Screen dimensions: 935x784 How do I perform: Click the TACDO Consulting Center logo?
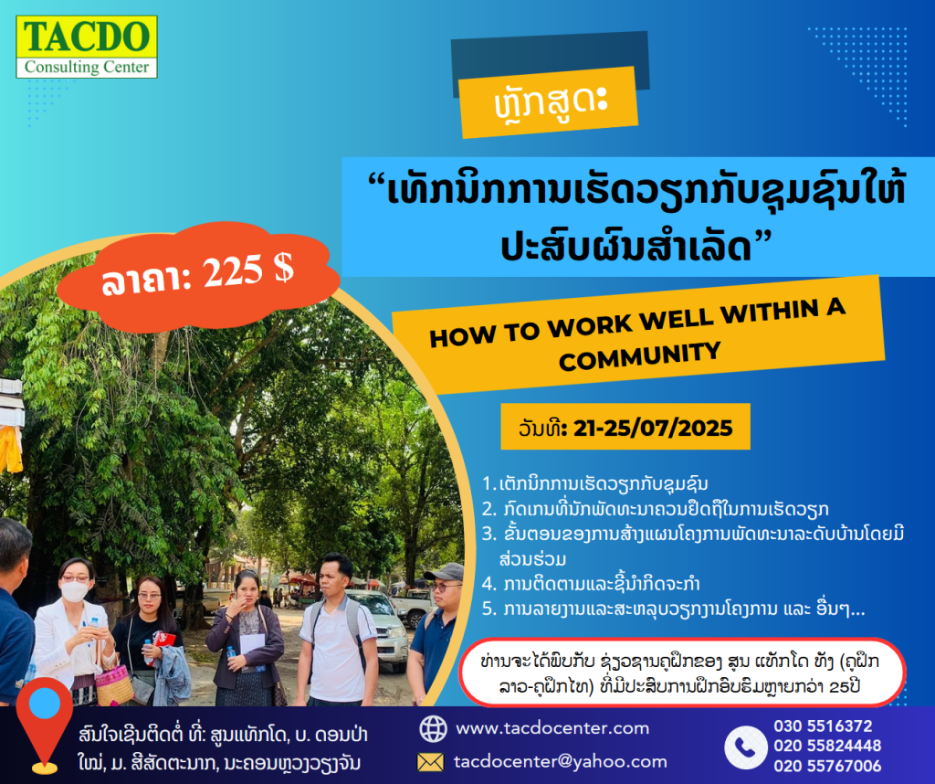(87, 47)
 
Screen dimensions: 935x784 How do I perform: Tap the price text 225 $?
(248, 270)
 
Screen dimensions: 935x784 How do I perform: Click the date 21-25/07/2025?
(653, 428)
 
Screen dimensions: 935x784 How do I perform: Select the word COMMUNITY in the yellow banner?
(640, 356)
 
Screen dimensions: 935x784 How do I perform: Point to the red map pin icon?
(44, 724)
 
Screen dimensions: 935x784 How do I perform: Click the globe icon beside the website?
(433, 728)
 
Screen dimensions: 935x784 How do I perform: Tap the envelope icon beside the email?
(431, 762)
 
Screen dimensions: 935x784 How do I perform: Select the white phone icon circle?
(745, 747)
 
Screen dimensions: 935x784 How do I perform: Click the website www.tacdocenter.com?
(552, 728)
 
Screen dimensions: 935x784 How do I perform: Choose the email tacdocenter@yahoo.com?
(560, 761)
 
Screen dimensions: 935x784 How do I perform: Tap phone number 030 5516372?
(823, 726)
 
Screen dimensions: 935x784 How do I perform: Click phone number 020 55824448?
(827, 746)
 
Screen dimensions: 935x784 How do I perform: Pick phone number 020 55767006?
(827, 766)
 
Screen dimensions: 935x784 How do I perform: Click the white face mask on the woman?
(75, 591)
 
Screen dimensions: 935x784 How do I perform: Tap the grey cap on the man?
(445, 572)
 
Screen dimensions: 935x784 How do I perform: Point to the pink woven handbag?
(114, 684)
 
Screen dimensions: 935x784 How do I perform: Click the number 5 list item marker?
(489, 609)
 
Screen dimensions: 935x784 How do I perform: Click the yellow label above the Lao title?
(549, 102)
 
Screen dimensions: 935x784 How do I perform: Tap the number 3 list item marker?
(489, 534)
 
